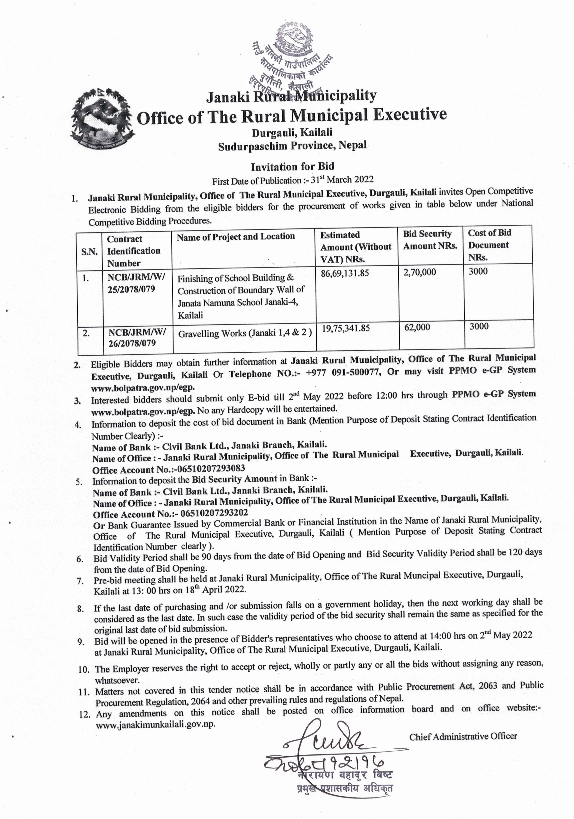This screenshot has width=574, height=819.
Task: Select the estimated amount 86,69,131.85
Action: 345,274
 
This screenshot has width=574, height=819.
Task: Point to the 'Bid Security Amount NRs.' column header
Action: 430,240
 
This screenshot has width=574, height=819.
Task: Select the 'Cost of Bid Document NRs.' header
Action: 489,245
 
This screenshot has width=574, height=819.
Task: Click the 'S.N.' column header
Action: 89,251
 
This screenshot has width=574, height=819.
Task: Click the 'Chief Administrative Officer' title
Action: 463,736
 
